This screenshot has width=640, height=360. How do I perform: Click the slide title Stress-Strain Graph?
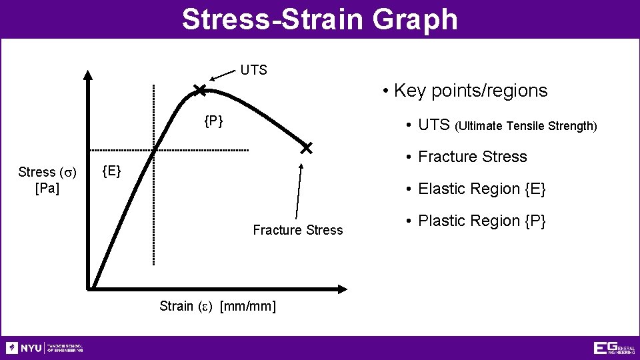click(x=320, y=19)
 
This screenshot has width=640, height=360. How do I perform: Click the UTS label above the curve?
click(x=253, y=70)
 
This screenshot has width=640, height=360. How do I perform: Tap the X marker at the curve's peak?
click(x=199, y=90)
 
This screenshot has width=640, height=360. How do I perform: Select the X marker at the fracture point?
click(x=306, y=148)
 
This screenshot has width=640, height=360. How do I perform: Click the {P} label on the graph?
click(x=213, y=121)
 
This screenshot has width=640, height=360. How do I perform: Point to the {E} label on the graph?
click(x=111, y=171)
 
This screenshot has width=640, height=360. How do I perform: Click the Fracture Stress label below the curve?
click(x=297, y=230)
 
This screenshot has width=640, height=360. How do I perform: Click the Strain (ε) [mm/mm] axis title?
click(x=217, y=306)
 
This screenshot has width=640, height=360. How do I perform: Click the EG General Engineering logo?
click(x=613, y=348)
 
